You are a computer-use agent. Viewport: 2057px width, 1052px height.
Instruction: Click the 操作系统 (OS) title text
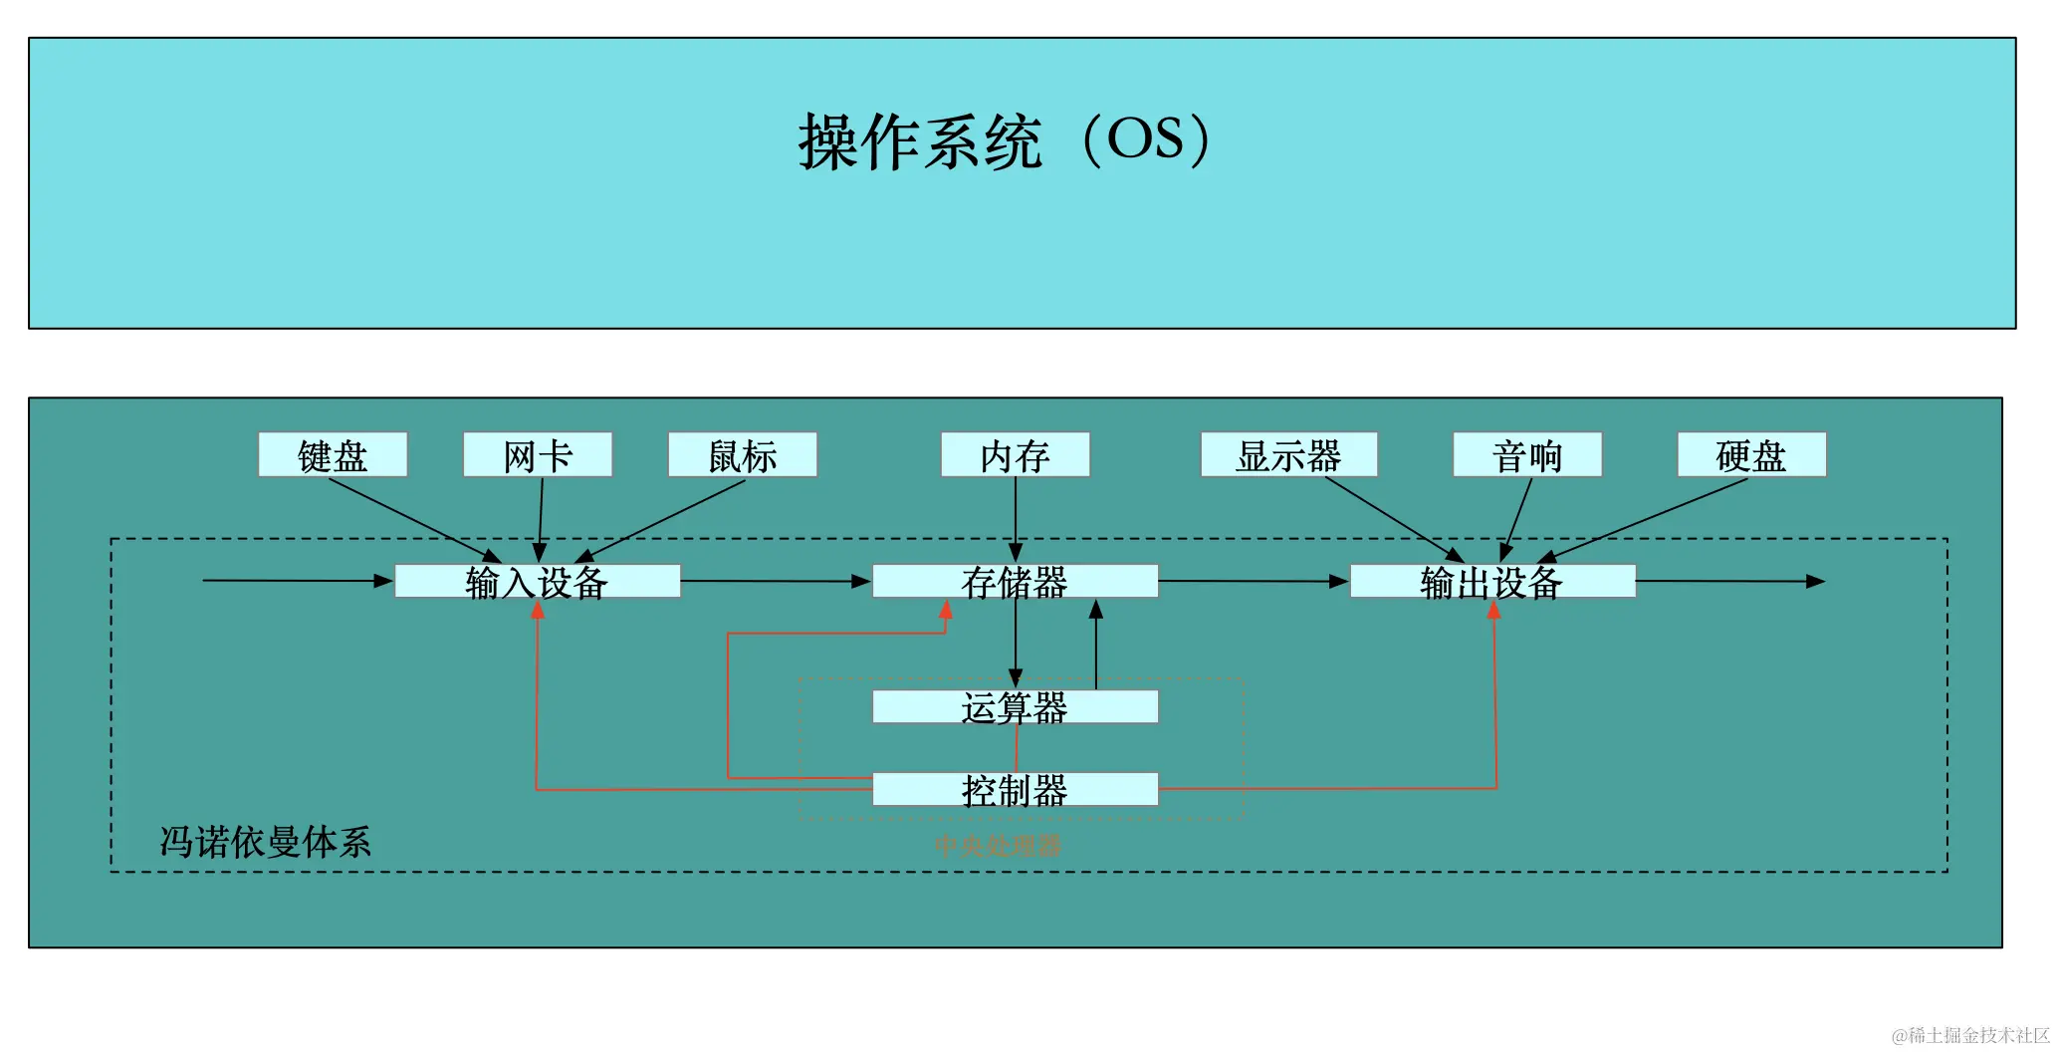[x=1004, y=140]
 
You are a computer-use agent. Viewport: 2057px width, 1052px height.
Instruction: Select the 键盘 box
[x=333, y=455]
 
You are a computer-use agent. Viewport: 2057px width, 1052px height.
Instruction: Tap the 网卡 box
[x=538, y=455]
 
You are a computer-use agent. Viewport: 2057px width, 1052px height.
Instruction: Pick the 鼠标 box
[x=743, y=455]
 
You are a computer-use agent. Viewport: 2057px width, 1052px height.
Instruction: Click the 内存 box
[x=1016, y=455]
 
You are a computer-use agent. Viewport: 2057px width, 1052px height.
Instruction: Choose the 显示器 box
[x=1289, y=455]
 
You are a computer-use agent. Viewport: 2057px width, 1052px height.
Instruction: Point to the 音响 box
[x=1527, y=455]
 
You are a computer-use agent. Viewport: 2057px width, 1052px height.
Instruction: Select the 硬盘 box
[x=1751, y=455]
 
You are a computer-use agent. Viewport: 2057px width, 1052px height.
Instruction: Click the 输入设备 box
[x=538, y=582]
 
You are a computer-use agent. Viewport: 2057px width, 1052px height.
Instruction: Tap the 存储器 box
[x=1016, y=582]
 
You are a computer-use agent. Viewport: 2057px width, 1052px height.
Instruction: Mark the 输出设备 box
[x=1492, y=582]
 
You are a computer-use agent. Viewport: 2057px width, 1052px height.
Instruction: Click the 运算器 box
[x=1016, y=707]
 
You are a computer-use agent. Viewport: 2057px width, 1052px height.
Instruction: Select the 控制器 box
[x=1016, y=790]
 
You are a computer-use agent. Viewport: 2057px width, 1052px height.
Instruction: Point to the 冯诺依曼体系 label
[x=266, y=843]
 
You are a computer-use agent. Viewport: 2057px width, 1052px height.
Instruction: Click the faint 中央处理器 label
[x=999, y=846]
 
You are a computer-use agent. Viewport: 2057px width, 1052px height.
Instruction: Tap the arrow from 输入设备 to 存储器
[x=777, y=581]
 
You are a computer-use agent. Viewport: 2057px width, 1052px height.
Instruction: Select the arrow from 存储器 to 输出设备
[x=1255, y=581]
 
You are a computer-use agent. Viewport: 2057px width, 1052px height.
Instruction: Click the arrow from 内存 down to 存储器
[x=1016, y=518]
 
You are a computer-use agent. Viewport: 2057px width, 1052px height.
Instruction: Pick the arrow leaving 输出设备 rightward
[x=1732, y=581]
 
